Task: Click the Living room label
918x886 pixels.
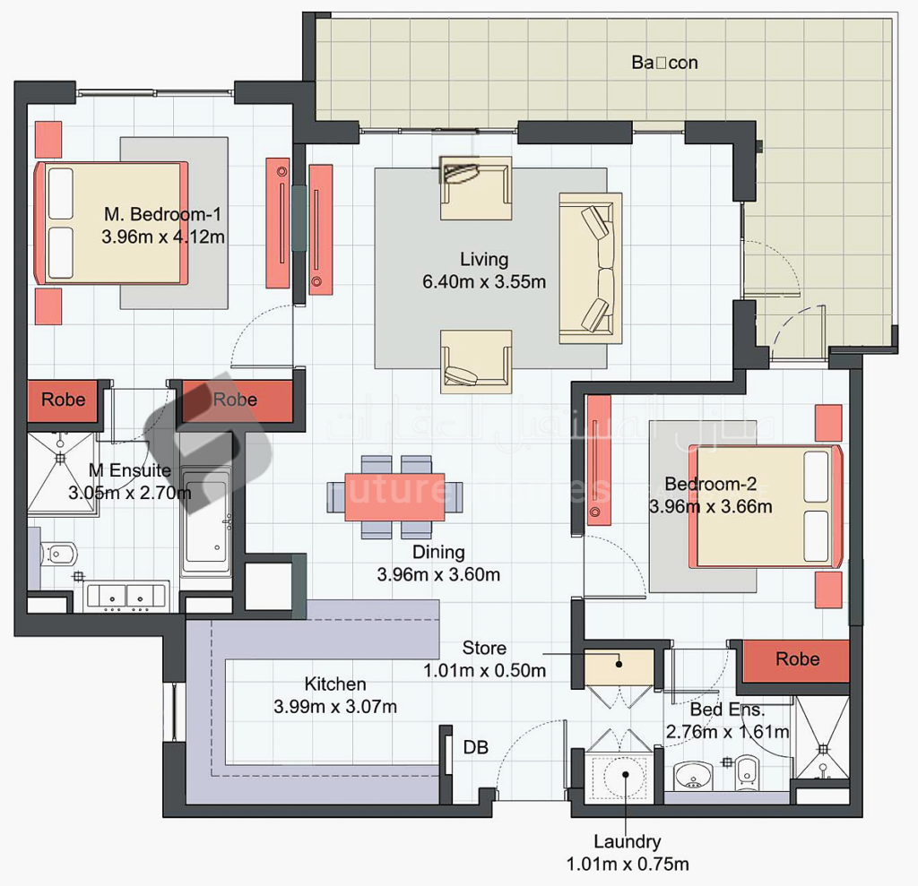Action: click(x=484, y=260)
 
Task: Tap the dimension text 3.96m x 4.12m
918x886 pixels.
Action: click(x=162, y=237)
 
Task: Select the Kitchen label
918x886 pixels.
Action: click(x=334, y=684)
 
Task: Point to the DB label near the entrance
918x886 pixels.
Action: click(x=476, y=747)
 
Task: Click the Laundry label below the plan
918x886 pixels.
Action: click(x=628, y=842)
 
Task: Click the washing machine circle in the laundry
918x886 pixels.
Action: click(x=625, y=775)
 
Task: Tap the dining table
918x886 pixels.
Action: click(x=396, y=496)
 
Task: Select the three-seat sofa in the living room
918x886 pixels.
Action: click(x=590, y=268)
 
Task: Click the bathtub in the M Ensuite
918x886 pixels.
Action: click(x=208, y=520)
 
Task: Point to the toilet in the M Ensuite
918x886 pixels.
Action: click(x=59, y=553)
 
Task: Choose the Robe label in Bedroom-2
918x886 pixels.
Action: click(x=797, y=659)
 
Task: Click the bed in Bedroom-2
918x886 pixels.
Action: click(x=766, y=507)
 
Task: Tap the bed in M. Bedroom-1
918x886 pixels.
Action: click(x=112, y=223)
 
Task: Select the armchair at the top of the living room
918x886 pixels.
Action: click(x=475, y=187)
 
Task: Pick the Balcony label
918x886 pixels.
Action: click(x=664, y=63)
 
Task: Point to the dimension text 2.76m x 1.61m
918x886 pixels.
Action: click(x=727, y=732)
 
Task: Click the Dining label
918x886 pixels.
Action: click(x=438, y=552)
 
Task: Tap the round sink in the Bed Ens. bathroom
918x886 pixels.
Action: click(x=690, y=774)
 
